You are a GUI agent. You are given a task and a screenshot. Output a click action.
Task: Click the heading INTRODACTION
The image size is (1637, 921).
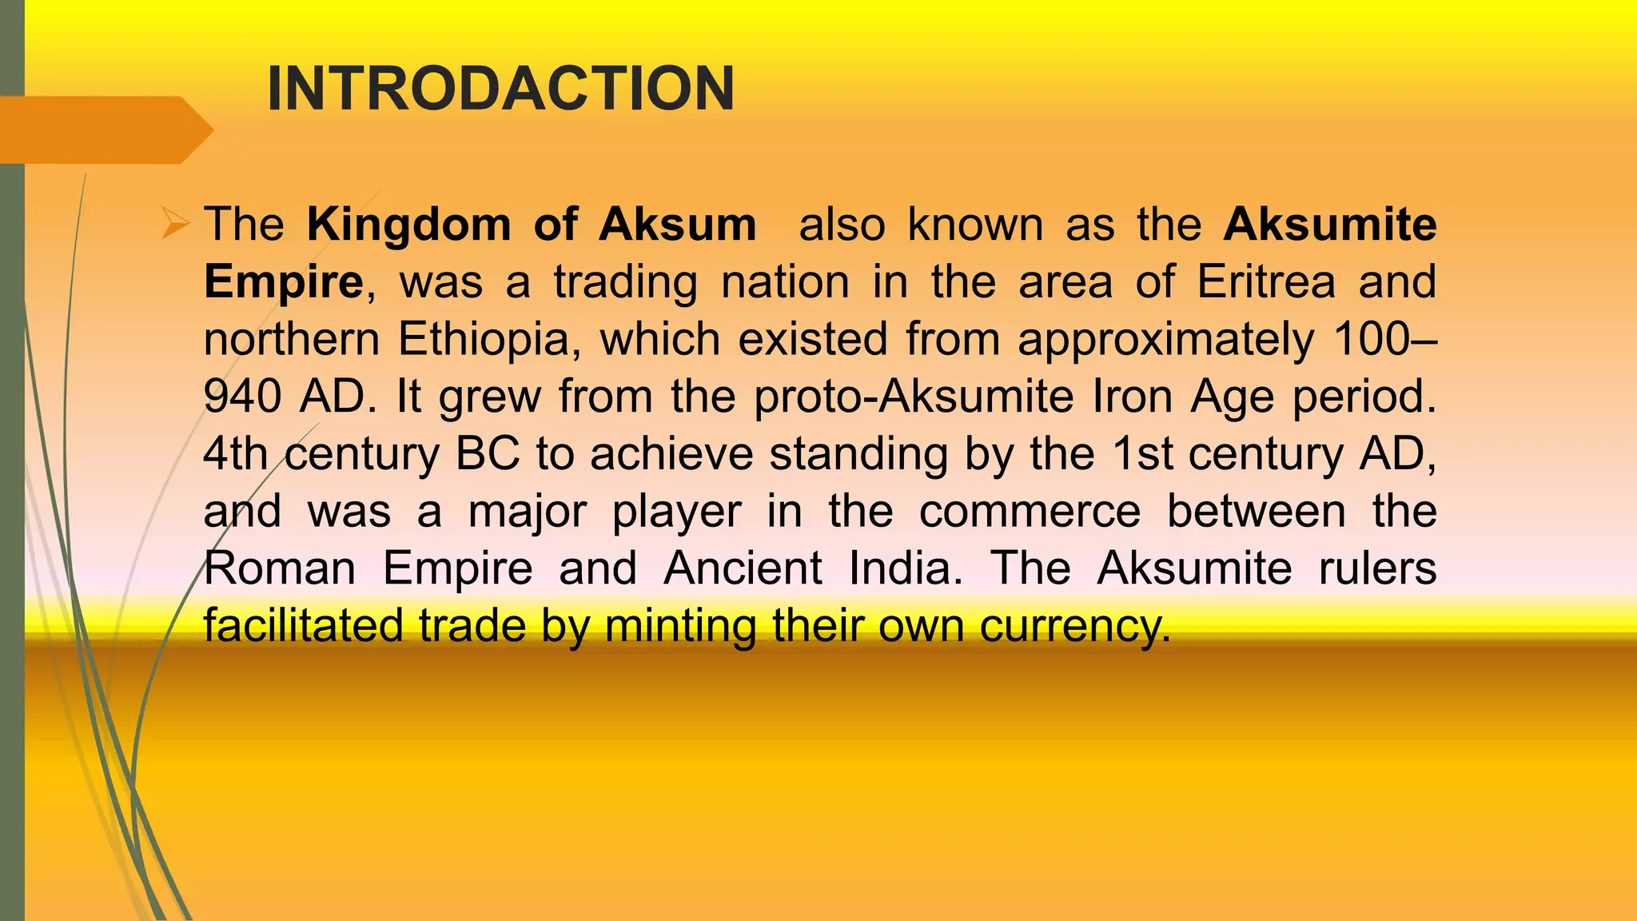[x=500, y=89]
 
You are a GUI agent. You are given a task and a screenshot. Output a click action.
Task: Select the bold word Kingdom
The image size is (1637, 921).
[x=408, y=225]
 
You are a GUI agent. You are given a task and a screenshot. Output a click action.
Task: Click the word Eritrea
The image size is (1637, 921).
[x=1266, y=281]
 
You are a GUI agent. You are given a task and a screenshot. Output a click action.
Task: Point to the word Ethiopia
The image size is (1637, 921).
[x=484, y=339]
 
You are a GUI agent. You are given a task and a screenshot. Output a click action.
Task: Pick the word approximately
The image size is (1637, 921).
[x=1165, y=341]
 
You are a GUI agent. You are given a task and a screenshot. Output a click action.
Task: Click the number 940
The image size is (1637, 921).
[x=242, y=397]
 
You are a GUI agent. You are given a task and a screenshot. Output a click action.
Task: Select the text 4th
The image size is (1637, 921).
[x=236, y=454]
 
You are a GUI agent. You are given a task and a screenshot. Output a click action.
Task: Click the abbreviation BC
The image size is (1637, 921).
[x=488, y=454]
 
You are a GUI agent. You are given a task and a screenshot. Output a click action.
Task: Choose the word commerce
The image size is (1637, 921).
[x=1030, y=512]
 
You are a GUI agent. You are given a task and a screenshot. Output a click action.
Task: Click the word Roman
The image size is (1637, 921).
[x=280, y=568]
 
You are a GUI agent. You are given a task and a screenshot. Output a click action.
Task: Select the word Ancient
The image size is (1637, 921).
[x=743, y=568]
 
